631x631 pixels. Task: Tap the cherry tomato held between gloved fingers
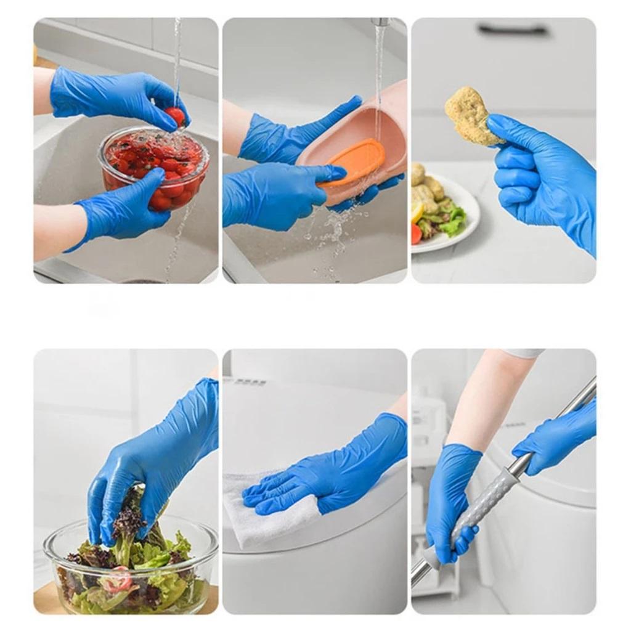(x=176, y=115)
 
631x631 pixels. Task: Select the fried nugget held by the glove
(x=470, y=116)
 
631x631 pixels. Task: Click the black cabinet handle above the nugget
(x=513, y=29)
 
